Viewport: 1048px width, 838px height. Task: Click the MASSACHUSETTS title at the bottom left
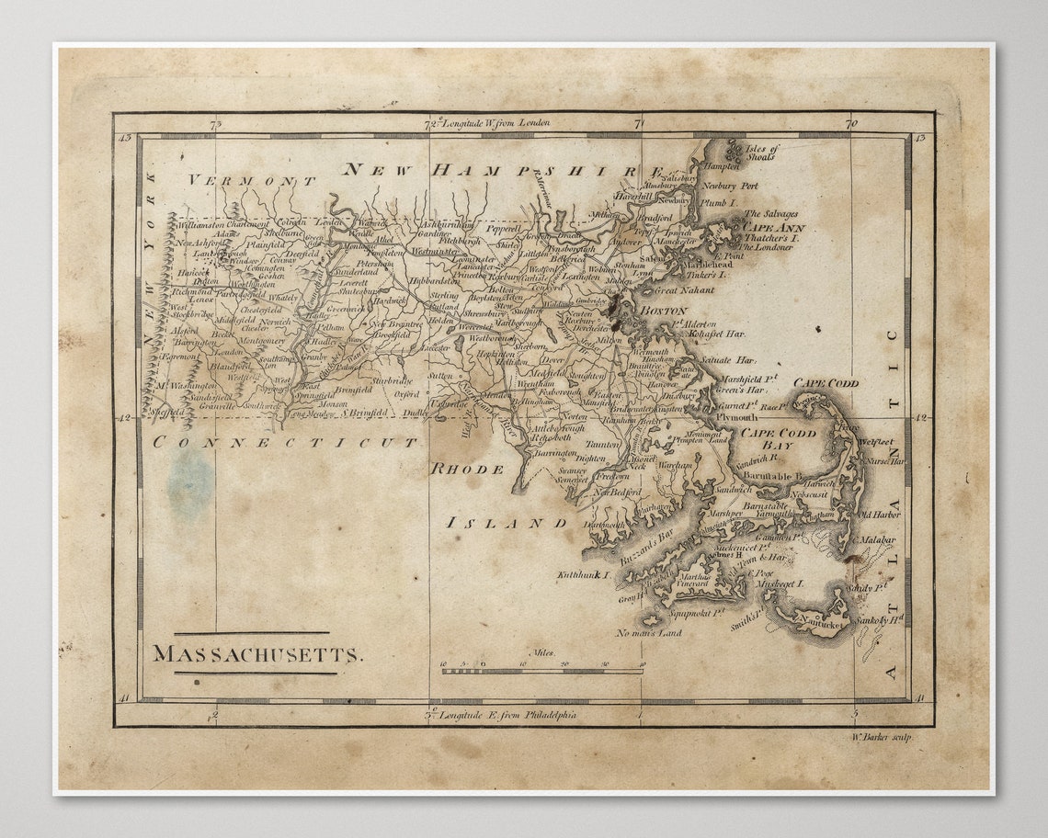click(x=257, y=654)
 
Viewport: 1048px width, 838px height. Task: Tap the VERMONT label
click(x=252, y=181)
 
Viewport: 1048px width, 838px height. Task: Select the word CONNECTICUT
click(x=285, y=442)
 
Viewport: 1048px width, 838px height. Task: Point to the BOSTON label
click(x=664, y=311)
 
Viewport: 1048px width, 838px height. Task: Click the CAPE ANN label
click(x=773, y=227)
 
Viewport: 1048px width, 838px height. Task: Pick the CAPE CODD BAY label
click(x=778, y=438)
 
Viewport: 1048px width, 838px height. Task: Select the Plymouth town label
click(x=737, y=416)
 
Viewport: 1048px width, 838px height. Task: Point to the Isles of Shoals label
click(x=761, y=153)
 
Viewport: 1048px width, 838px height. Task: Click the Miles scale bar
click(x=542, y=671)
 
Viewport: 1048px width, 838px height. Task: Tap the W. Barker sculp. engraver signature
click(x=882, y=737)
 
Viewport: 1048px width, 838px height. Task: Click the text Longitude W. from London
click(x=496, y=121)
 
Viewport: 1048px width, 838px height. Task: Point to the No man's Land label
click(x=649, y=633)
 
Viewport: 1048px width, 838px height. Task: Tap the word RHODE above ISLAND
click(x=468, y=469)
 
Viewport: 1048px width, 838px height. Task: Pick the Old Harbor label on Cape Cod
click(x=879, y=515)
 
